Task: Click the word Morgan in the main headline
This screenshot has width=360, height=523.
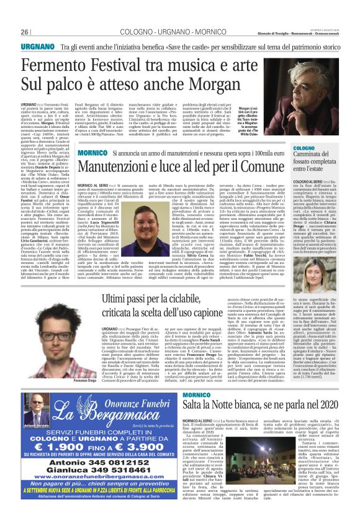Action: tap(222, 81)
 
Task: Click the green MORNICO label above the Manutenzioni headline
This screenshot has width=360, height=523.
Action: tap(95, 152)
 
